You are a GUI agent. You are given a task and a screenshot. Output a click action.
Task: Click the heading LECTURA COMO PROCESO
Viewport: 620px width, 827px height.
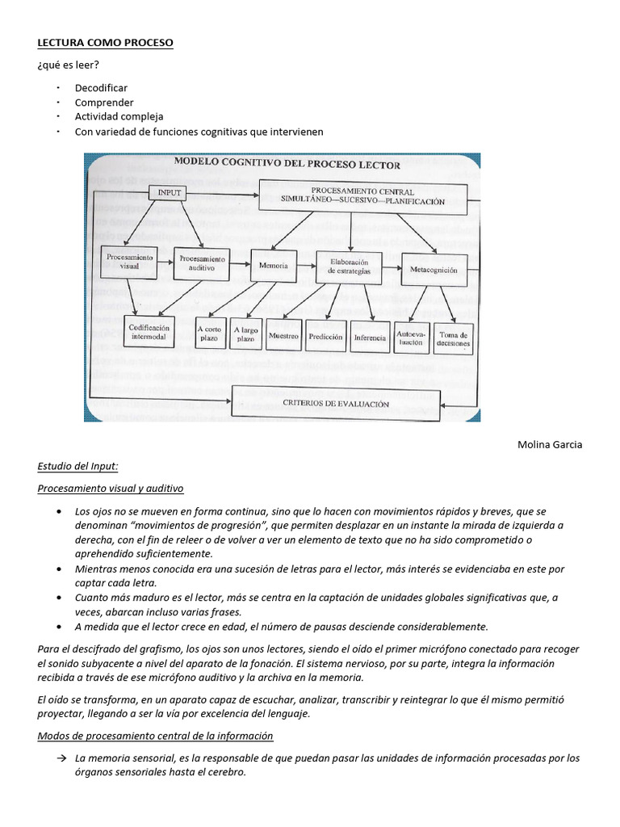(x=105, y=42)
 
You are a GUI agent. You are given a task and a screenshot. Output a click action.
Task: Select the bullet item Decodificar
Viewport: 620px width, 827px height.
(x=101, y=87)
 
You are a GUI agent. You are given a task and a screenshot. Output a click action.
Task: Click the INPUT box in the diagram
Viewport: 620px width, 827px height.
(x=170, y=192)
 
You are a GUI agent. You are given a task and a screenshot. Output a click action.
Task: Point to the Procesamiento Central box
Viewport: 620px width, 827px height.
(x=362, y=196)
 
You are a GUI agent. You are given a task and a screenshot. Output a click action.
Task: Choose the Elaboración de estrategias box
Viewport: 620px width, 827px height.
(x=349, y=267)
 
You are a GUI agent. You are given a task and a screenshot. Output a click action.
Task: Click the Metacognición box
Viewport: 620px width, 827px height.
(x=434, y=271)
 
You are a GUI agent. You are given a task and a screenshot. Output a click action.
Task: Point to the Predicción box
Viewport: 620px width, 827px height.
(x=325, y=337)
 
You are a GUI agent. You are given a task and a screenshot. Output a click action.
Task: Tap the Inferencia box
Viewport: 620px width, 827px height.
(x=369, y=337)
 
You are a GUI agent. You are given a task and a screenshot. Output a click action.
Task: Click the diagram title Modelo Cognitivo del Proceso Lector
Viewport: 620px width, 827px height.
(x=287, y=164)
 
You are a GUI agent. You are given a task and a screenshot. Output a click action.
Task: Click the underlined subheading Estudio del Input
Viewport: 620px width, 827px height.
(x=78, y=466)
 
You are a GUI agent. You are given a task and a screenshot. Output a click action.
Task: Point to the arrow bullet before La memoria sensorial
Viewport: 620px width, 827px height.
(x=61, y=758)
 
